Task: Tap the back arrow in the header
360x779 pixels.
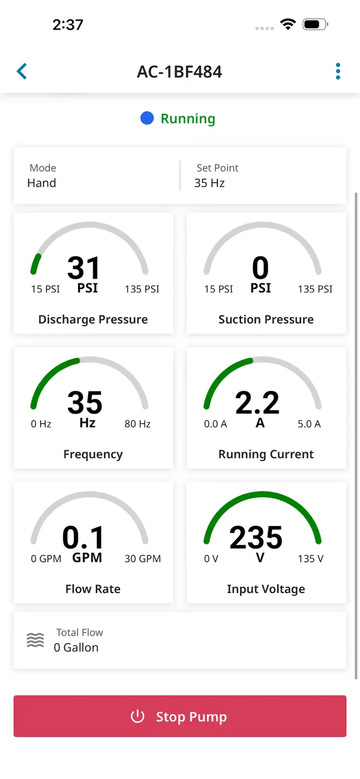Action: (22, 71)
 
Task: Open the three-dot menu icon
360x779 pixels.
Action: (338, 71)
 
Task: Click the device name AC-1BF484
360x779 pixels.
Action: (179, 72)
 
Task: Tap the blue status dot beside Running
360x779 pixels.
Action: (147, 118)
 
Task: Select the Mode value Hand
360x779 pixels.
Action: (41, 183)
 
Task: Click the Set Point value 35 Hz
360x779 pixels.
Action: (209, 183)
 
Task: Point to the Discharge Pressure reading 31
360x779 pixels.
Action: (83, 267)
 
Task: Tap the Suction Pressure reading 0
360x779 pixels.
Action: (260, 267)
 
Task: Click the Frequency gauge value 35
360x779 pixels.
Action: (85, 402)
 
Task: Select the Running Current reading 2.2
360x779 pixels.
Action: (257, 402)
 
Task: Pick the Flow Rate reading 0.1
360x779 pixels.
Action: (83, 537)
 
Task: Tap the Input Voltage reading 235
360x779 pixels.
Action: (256, 537)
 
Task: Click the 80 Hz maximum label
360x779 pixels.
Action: (137, 424)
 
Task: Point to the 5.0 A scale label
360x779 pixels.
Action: (309, 424)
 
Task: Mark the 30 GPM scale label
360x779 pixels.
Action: (143, 559)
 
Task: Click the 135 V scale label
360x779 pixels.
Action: (310, 559)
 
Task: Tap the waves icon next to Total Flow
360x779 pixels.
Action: (35, 640)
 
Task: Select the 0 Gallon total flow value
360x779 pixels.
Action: (76, 648)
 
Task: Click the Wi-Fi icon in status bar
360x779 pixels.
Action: (288, 25)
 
